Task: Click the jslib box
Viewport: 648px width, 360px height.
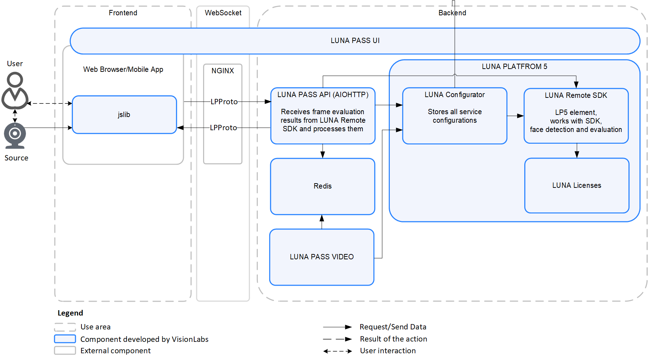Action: click(124, 115)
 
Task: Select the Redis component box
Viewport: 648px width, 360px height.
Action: click(323, 186)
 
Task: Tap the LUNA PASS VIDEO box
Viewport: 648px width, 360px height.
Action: click(322, 257)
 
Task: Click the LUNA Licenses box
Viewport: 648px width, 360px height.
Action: click(577, 185)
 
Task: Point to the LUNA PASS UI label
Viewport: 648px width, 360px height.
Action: click(355, 41)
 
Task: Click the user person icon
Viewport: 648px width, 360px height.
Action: click(15, 91)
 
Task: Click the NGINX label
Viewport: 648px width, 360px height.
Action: click(223, 71)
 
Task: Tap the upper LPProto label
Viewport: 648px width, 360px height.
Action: click(224, 102)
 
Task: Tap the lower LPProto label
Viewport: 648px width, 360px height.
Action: click(223, 128)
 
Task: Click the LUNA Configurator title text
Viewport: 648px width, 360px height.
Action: click(455, 95)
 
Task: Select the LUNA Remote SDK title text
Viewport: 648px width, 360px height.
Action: click(576, 95)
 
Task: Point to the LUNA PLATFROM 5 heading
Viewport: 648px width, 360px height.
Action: click(514, 67)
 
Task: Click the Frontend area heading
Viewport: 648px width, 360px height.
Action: click(123, 13)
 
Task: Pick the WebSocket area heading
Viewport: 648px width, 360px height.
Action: click(223, 13)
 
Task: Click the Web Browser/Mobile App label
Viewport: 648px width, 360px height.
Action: click(123, 69)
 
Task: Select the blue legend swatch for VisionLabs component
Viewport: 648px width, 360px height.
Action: click(65, 339)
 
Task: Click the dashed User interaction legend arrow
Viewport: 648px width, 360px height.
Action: click(338, 351)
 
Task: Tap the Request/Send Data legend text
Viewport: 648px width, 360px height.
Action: click(393, 327)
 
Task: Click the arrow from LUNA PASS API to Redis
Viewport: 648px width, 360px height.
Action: click(323, 151)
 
